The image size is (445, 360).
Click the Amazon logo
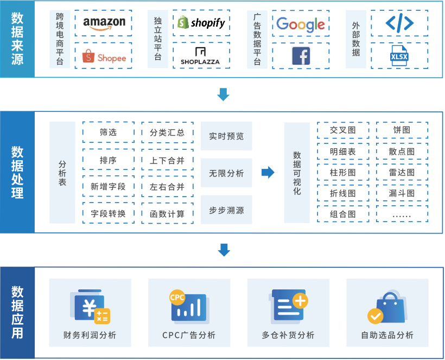104,23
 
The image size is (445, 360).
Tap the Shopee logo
104,56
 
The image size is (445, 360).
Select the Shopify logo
201,22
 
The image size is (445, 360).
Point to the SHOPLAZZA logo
200,56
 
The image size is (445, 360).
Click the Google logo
301,24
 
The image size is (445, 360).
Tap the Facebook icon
301,56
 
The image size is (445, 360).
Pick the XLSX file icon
399,55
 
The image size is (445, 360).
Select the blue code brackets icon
399,23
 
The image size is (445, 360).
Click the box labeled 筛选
109,132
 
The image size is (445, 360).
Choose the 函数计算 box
168,213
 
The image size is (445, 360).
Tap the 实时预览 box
226,136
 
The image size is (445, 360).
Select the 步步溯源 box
226,210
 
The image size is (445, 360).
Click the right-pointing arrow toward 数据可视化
268,172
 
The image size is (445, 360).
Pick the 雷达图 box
402,172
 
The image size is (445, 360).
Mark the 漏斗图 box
402,193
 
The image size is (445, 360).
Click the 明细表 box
343,151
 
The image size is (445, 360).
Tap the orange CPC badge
177,297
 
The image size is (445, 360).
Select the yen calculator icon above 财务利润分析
90,307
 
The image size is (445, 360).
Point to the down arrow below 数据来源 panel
224,94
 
